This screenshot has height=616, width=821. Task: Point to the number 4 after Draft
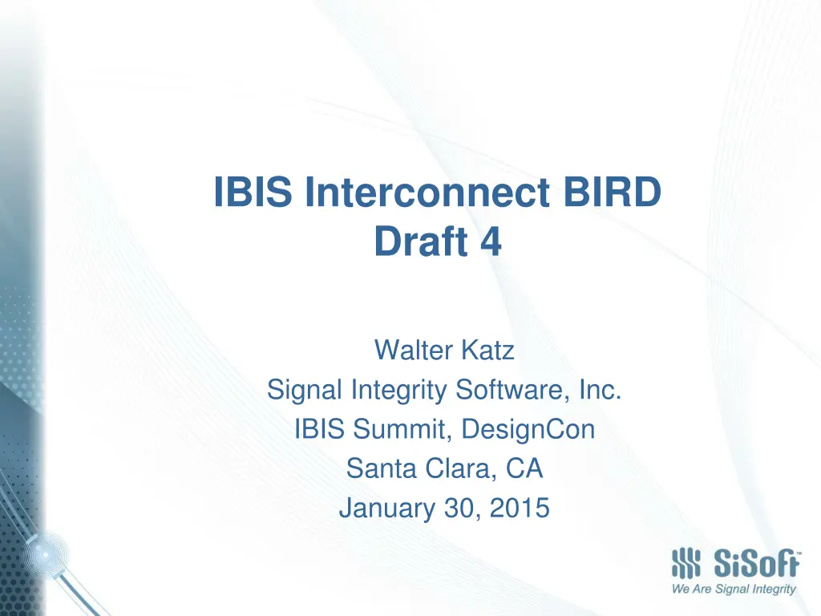(491, 241)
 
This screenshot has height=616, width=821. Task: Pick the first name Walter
(414, 350)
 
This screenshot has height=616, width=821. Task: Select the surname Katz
(488, 350)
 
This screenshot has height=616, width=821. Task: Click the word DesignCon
(528, 430)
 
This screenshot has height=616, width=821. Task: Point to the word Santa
(382, 468)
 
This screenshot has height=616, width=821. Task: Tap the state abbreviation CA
(524, 468)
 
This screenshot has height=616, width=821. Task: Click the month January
(387, 508)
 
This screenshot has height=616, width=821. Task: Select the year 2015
(520, 508)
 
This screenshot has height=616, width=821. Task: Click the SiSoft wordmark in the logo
(757, 564)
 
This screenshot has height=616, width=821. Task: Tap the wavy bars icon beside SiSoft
(686, 564)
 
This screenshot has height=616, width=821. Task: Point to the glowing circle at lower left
(46, 554)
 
